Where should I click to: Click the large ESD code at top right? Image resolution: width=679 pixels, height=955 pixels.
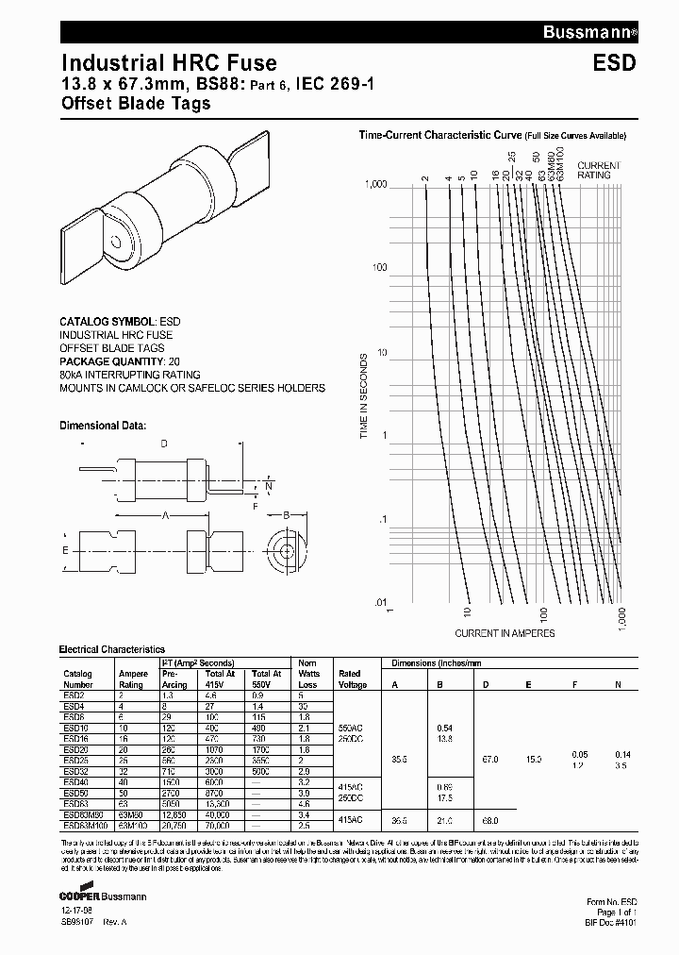coord(615,63)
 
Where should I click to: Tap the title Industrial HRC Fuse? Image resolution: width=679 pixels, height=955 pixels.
coord(169,63)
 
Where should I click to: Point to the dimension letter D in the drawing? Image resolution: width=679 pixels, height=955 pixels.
coord(164,444)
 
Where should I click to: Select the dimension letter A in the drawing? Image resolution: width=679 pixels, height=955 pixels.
coord(165,515)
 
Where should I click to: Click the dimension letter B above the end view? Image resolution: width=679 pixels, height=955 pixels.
coord(286,514)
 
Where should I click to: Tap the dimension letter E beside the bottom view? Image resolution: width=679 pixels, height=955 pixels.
coord(65,549)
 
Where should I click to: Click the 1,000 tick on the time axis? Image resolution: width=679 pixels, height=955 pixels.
coord(375,186)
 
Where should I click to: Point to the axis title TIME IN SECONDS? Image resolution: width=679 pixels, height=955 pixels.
coord(363,396)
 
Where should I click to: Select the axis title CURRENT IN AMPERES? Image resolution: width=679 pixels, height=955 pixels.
coord(505,632)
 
